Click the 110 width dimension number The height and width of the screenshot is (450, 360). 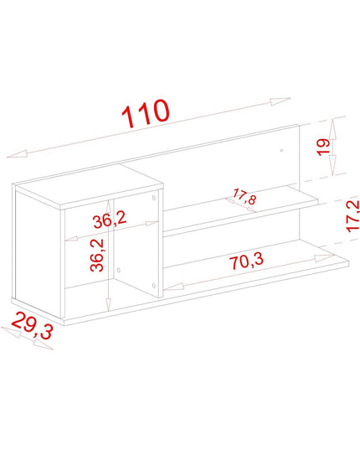click(x=146, y=113)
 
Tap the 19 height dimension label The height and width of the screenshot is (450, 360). click(x=323, y=147)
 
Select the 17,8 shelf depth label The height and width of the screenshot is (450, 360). click(x=244, y=196)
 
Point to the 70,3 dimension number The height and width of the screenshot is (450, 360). click(x=246, y=261)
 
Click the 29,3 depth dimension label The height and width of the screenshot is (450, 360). click(x=33, y=325)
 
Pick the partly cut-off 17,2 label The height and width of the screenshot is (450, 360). click(x=352, y=216)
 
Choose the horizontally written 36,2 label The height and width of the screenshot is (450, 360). click(x=110, y=220)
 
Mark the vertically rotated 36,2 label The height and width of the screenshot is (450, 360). click(x=97, y=255)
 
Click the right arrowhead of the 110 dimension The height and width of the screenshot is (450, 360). click(x=280, y=101)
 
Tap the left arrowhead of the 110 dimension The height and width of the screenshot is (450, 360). click(x=18, y=154)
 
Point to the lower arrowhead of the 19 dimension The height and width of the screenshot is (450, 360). click(x=332, y=165)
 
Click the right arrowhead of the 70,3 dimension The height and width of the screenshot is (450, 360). click(x=324, y=258)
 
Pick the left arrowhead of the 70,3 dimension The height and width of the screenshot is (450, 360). click(x=173, y=287)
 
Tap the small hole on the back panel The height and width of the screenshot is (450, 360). click(x=281, y=150)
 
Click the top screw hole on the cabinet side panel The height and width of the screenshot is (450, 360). click(x=154, y=198)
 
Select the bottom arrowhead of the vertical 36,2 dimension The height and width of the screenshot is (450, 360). click(x=108, y=304)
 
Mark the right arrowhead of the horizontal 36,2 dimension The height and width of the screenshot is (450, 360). click(x=152, y=223)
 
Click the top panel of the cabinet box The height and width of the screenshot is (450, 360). click(x=90, y=186)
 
